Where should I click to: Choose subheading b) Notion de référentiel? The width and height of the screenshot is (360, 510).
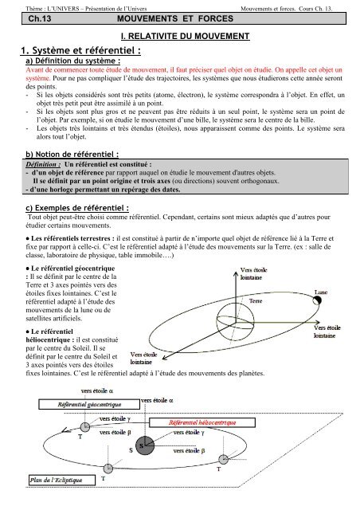[x=73, y=155]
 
